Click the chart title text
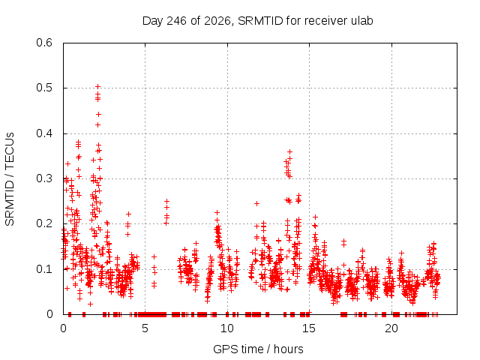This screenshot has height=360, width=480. [257, 21]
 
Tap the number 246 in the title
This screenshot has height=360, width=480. [176, 21]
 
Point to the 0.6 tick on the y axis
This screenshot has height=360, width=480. [44, 43]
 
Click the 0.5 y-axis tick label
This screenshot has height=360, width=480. [44, 88]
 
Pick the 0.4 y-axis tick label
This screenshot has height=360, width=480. [44, 133]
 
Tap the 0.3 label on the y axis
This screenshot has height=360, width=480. [44, 178]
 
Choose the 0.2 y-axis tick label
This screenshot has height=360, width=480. [44, 223]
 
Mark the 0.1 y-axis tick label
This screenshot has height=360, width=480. [44, 269]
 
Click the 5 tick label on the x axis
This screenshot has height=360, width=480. [145, 328]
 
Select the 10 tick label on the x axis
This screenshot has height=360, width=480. [226, 328]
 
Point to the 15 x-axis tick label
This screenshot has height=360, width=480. [309, 328]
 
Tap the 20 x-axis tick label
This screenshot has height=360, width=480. [391, 328]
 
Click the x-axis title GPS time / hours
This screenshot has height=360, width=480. [258, 349]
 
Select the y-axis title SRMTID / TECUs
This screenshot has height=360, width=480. [10, 179]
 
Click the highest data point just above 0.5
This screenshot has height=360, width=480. [98, 87]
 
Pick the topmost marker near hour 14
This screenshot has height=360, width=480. [289, 151]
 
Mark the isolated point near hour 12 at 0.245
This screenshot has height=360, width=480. [256, 203]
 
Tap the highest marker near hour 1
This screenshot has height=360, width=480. [78, 142]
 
